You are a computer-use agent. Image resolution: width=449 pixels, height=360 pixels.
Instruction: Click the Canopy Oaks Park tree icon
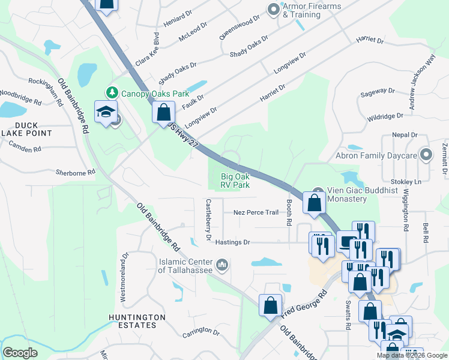[112, 92]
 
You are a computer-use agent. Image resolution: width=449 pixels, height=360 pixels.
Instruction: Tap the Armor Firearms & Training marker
[274, 10]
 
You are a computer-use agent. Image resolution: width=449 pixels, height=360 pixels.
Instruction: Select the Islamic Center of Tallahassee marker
[222, 264]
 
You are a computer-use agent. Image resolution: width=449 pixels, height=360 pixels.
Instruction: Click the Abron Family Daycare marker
[426, 155]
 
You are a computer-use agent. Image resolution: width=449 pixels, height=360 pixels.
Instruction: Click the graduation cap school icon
[106, 113]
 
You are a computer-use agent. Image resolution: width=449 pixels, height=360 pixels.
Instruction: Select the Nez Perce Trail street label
[256, 212]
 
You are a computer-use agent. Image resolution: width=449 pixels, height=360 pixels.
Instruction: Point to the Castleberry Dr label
[208, 220]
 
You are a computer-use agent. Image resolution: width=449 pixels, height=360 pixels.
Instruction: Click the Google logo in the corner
[20, 353]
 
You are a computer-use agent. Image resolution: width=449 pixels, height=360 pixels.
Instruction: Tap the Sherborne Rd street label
[75, 172]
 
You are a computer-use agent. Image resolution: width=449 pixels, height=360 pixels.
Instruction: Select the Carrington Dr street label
[201, 331]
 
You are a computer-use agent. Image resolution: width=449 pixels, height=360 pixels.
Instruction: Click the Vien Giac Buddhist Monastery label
[355, 195]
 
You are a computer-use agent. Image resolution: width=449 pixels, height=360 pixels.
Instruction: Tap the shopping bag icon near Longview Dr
[163, 112]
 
